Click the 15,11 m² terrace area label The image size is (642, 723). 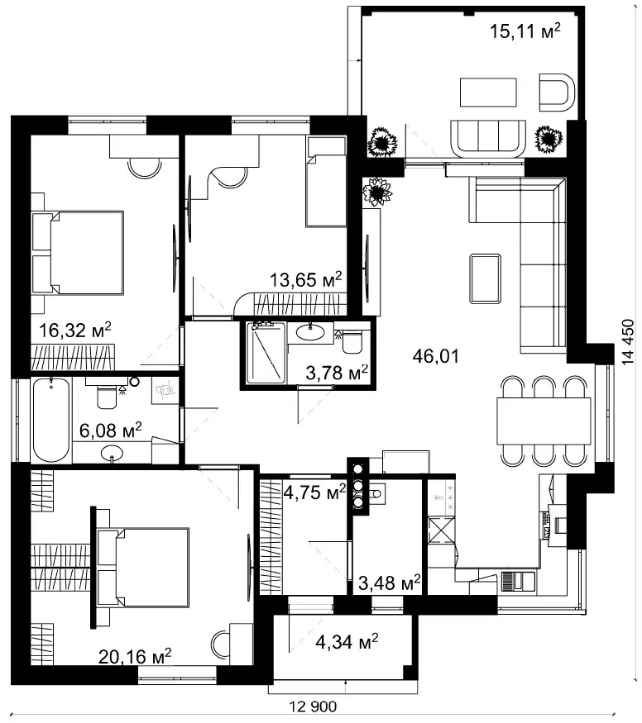click(525, 31)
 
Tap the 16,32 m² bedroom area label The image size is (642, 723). click(74, 330)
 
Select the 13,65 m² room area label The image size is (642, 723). click(305, 279)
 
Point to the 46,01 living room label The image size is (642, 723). click(436, 356)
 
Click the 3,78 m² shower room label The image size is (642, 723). click(337, 373)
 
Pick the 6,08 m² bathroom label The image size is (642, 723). click(110, 430)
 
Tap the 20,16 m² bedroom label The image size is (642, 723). click(135, 656)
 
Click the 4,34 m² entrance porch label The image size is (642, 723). click(347, 641)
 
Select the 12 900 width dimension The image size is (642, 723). click(313, 706)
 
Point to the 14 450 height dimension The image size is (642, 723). click(628, 342)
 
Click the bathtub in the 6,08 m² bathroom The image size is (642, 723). click(51, 420)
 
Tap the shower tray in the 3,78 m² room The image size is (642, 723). click(266, 353)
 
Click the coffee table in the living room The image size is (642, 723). click(485, 278)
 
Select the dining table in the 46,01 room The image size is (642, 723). click(544, 421)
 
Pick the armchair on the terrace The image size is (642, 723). click(557, 93)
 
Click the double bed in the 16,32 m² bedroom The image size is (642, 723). click(78, 253)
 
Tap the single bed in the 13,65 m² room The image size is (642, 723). click(326, 181)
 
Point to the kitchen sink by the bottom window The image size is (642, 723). click(518, 581)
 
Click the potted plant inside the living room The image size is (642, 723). click(377, 192)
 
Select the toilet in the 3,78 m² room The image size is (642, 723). click(352, 341)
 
